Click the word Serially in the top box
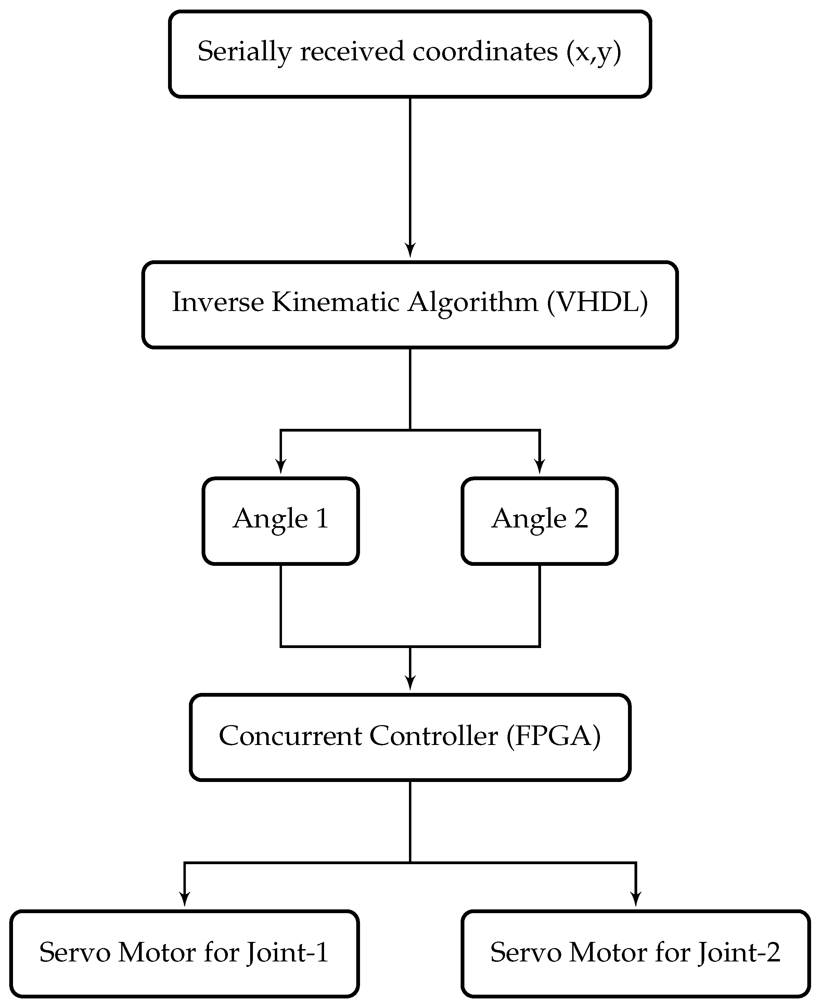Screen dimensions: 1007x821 pos(244,52)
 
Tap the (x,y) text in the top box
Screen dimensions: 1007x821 pos(593,52)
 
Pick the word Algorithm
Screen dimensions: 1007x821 pos(473,303)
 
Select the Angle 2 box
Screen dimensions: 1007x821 pos(540,521)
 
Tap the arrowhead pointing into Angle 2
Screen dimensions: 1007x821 pos(540,467)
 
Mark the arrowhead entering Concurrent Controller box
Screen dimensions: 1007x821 pos(410,683)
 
